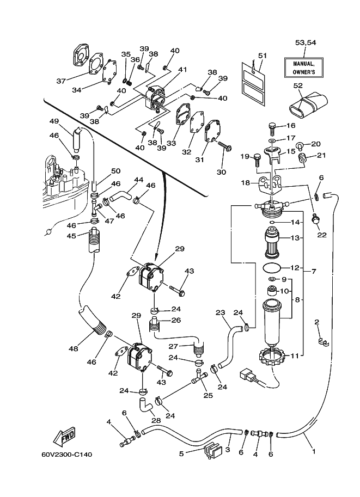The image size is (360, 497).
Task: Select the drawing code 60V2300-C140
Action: [x=67, y=455]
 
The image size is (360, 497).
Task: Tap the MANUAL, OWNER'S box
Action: [x=303, y=68]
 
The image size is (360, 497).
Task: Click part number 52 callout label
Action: [x=298, y=85]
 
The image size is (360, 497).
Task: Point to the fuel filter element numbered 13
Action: [x=273, y=243]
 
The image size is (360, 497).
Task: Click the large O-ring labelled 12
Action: [x=272, y=267]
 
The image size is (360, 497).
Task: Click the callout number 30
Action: [x=222, y=172]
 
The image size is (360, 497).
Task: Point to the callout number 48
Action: [x=74, y=348]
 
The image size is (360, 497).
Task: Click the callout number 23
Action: [x=220, y=312]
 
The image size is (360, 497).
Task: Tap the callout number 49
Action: [x=54, y=121]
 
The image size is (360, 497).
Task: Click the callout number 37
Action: [x=61, y=81]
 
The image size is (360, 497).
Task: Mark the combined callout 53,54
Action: [x=306, y=42]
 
